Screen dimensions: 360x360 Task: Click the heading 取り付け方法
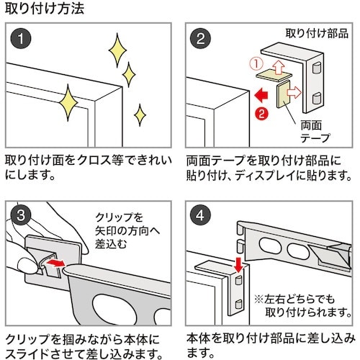(45, 9)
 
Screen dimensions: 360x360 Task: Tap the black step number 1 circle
(21, 38)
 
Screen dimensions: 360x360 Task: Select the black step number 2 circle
(200, 38)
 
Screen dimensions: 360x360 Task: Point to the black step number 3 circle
(21, 215)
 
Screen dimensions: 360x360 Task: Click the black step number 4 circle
(200, 215)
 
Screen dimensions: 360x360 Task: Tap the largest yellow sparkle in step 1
(68, 102)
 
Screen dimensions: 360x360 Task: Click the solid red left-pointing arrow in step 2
(261, 95)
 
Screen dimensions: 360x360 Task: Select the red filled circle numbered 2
(262, 112)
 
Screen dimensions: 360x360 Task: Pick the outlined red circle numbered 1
(256, 64)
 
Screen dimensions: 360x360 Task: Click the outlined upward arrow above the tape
(278, 66)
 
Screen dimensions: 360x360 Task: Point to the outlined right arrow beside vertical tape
(294, 92)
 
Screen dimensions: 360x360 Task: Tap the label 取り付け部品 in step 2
(317, 33)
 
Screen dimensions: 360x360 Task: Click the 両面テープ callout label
(315, 131)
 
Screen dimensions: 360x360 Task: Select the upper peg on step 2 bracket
(317, 68)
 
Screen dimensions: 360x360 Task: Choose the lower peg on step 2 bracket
(317, 98)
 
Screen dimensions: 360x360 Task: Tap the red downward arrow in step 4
(238, 264)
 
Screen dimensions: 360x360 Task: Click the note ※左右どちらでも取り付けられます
(303, 306)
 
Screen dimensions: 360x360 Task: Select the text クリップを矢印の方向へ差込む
(127, 231)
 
